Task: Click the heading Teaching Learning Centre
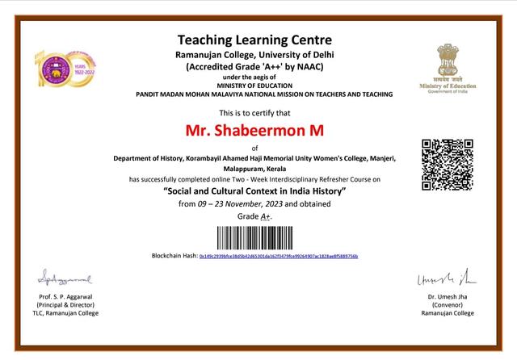(x=254, y=40)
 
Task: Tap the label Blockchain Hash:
(x=174, y=256)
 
